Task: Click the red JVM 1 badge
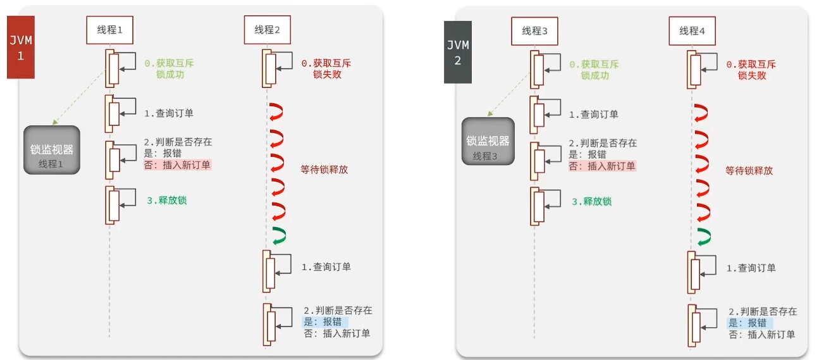20,47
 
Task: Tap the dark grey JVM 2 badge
457,52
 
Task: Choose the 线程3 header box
534,30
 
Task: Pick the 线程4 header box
693,30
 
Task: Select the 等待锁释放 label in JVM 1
324,170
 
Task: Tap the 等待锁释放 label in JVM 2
749,171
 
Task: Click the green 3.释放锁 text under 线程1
166,201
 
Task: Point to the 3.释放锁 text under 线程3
592,202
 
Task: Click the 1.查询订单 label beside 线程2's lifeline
326,267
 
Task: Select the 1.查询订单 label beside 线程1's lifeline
168,114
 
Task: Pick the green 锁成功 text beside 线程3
594,75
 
